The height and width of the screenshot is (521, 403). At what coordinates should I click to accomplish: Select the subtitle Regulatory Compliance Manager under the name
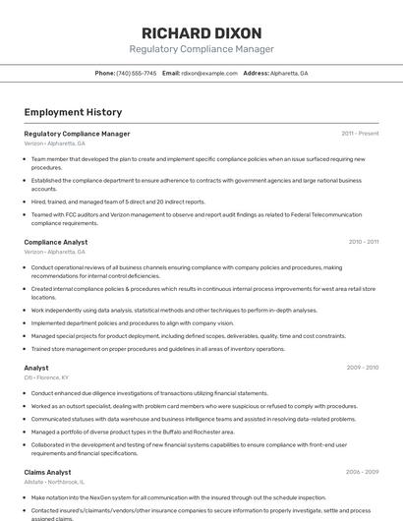coord(201,49)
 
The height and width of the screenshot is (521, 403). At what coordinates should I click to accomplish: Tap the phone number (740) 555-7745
coord(137,74)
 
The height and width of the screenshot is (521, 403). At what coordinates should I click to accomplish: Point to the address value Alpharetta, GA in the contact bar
coord(290,74)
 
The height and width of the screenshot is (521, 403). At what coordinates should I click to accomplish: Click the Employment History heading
coord(73,112)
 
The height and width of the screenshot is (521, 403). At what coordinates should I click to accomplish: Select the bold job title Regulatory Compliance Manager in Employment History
coord(77,134)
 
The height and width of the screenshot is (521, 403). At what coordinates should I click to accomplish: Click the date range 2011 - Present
coord(360,134)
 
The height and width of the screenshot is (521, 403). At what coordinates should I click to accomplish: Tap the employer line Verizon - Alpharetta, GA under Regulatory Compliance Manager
coord(54,144)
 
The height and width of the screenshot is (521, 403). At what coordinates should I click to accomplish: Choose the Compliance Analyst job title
coord(55,242)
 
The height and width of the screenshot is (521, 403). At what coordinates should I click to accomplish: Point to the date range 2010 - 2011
coord(363,242)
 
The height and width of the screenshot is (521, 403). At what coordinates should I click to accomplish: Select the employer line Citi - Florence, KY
coord(46,377)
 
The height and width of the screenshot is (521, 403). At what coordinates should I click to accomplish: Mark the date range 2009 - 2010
coord(362,368)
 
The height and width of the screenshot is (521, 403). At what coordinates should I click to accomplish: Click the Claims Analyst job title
coord(47,472)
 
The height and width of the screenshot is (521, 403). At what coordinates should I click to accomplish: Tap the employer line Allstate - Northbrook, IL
coord(54,483)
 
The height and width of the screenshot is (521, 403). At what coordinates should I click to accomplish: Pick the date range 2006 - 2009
coord(362,472)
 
